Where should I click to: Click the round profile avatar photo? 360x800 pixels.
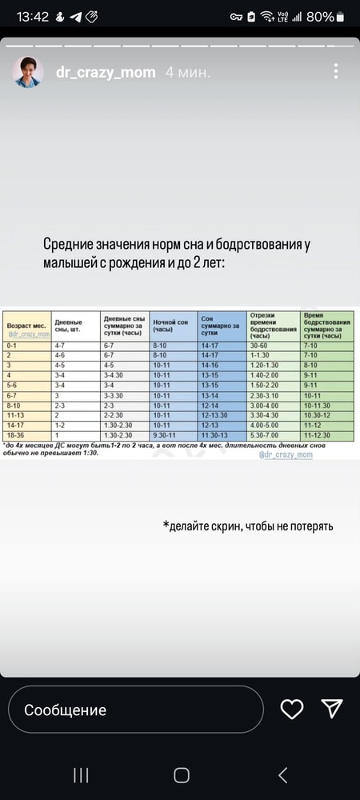[27, 72]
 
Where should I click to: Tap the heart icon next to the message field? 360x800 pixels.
[293, 709]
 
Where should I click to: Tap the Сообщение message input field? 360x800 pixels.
[136, 710]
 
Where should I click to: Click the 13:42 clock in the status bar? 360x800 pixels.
[33, 16]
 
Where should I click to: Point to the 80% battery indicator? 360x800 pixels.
[319, 16]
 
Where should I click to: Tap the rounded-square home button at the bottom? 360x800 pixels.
[182, 774]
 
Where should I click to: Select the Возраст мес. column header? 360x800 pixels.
[26, 326]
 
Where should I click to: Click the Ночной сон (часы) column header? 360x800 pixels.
[170, 326]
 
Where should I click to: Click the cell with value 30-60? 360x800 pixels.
[259, 344]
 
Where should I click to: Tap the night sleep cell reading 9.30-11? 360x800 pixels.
[163, 435]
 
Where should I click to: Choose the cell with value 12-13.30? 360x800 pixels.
[215, 414]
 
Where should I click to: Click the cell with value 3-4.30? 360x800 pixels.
[115, 374]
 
